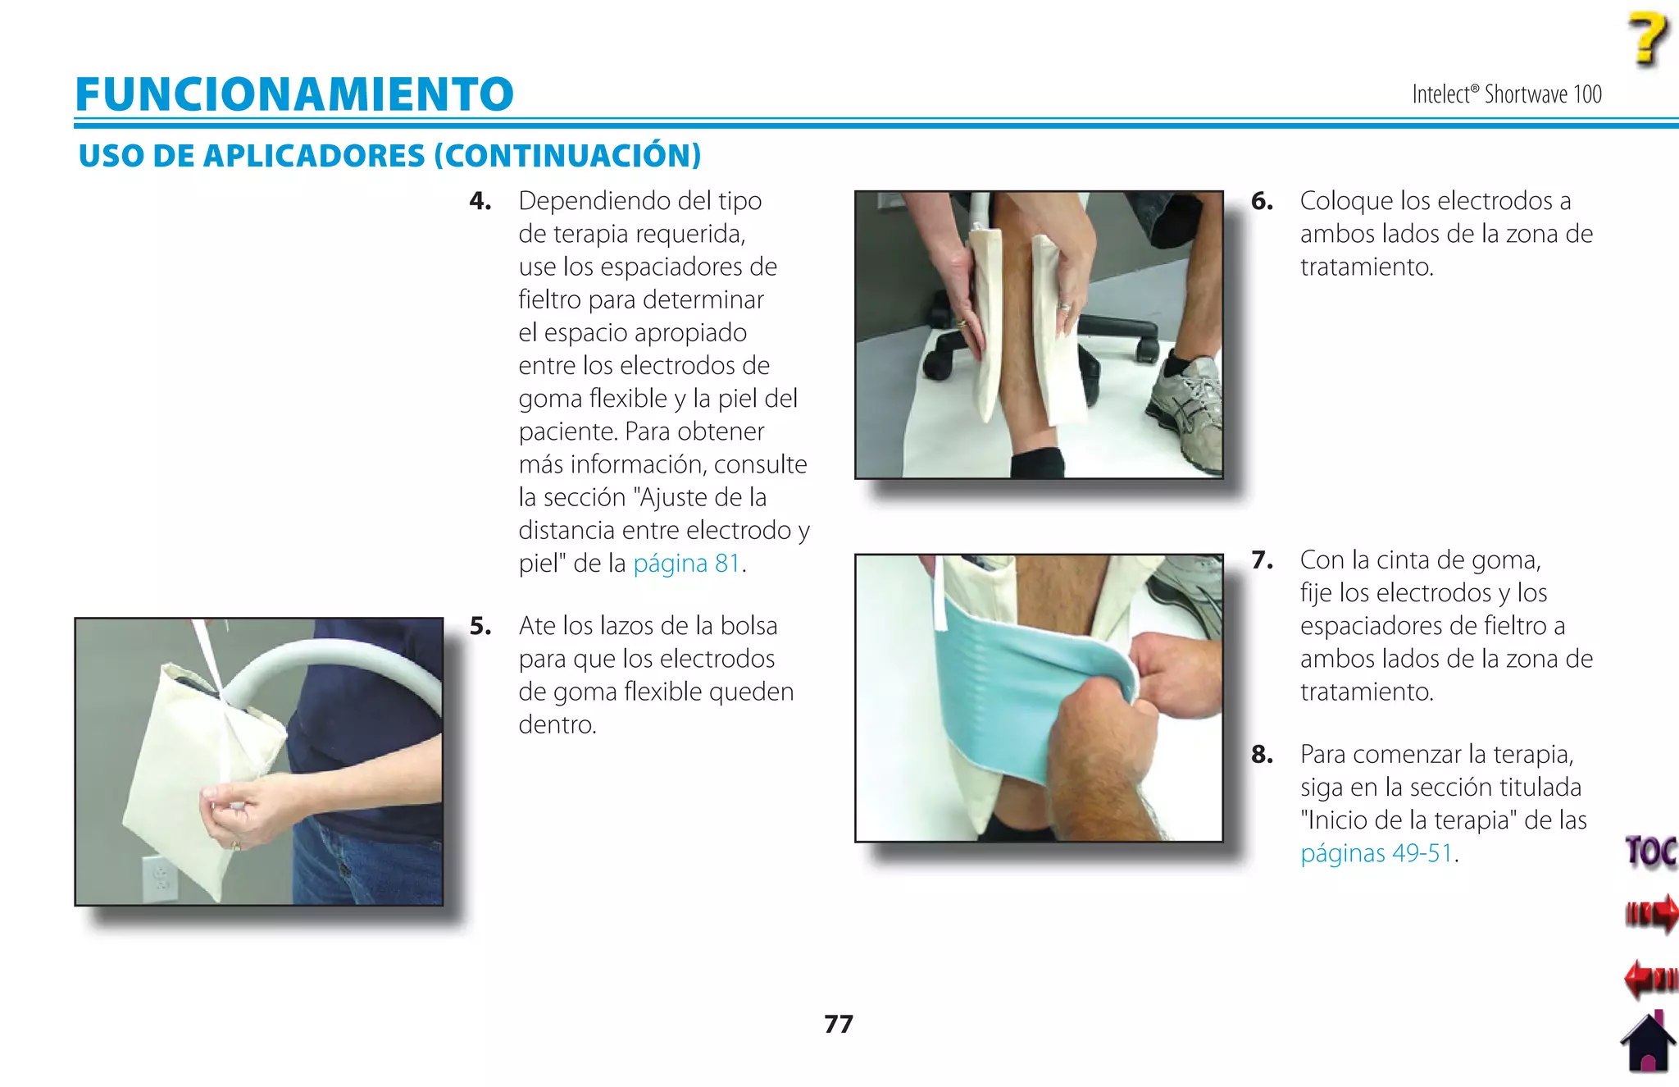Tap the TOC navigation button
point(1649,851)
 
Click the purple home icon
point(1648,1043)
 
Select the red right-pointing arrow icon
point(1651,913)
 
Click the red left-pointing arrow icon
point(1649,978)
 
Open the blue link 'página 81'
point(686,564)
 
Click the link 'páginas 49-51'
point(1376,853)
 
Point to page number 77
point(838,1024)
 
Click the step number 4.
point(480,201)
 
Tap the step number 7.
point(1262,560)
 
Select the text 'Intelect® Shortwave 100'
point(1506,94)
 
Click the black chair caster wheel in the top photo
point(937,361)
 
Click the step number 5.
point(480,626)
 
